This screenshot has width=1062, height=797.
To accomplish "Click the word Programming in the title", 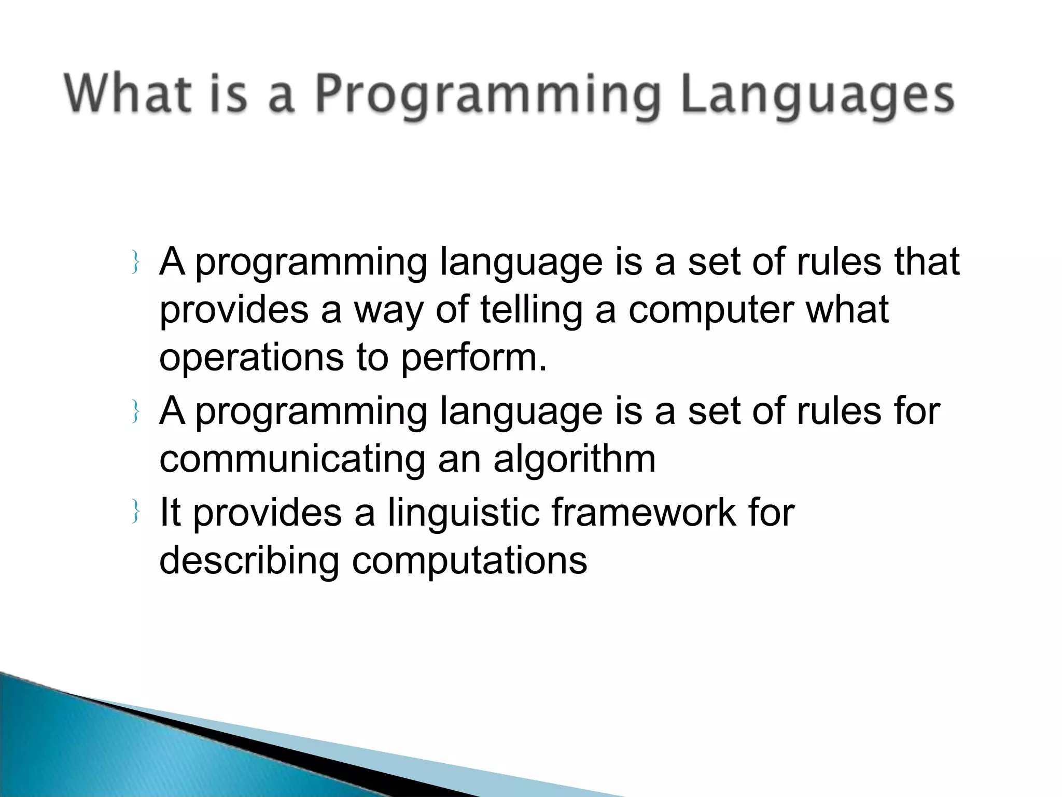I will (487, 96).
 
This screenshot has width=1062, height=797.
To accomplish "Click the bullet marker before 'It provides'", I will (135, 513).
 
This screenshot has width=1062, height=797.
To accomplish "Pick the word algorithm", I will (574, 460).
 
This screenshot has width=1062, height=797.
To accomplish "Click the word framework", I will (643, 513).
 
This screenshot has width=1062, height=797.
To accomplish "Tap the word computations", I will (469, 561).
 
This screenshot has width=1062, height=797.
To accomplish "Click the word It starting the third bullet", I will (170, 513).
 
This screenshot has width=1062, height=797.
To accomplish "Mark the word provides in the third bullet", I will (267, 513).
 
